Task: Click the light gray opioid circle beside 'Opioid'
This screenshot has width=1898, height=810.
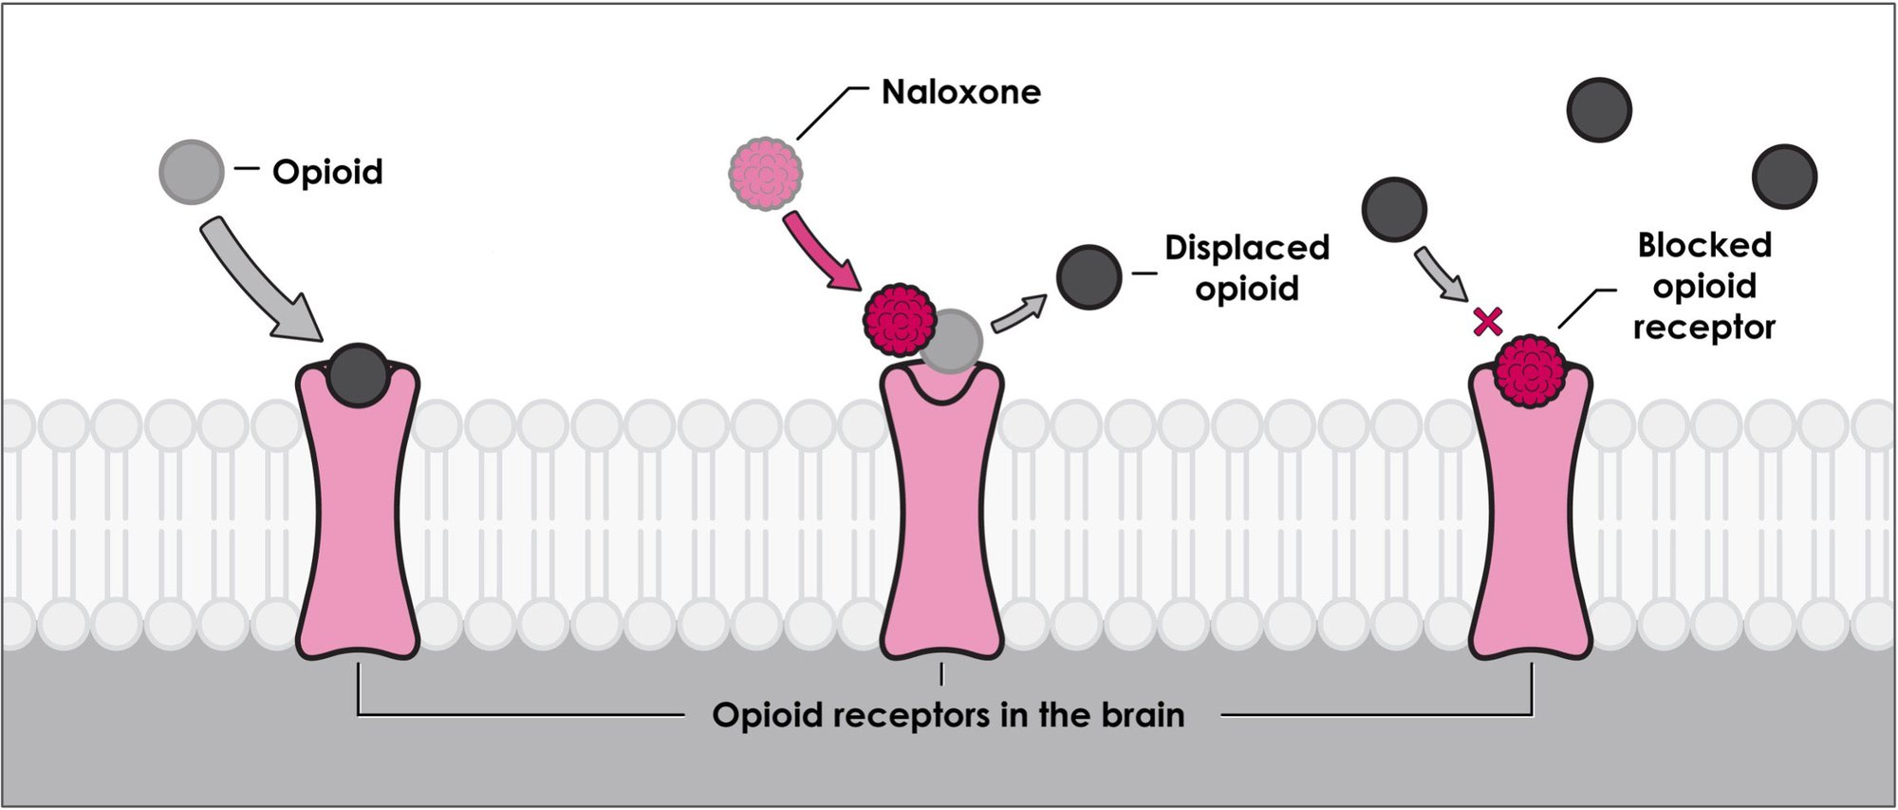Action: pyautogui.click(x=192, y=172)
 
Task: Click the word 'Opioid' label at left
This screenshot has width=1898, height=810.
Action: pyautogui.click(x=327, y=172)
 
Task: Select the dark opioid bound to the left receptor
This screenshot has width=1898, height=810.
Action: pyautogui.click(x=358, y=374)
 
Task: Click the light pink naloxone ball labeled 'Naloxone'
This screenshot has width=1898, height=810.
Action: pyautogui.click(x=765, y=173)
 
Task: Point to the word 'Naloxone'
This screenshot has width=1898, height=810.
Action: pyautogui.click(x=960, y=92)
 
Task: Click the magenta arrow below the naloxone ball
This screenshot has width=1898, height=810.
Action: pyautogui.click(x=821, y=250)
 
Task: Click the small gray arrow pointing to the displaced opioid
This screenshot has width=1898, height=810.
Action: pyautogui.click(x=1018, y=312)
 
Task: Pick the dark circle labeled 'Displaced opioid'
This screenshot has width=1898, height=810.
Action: pyautogui.click(x=1089, y=276)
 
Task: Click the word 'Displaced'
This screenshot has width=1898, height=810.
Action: pyautogui.click(x=1246, y=248)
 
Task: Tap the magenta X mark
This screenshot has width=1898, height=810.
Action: pyautogui.click(x=1487, y=322)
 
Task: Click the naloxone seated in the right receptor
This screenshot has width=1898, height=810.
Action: pyautogui.click(x=1530, y=370)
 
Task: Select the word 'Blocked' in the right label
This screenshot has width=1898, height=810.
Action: pyautogui.click(x=1704, y=245)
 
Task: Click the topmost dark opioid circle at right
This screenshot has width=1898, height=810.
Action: pyautogui.click(x=1599, y=110)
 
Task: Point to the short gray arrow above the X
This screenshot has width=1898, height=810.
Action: pyautogui.click(x=1441, y=273)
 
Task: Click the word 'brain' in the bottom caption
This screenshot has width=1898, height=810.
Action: pyautogui.click(x=1143, y=715)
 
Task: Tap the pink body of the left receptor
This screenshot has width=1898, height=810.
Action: pyautogui.click(x=358, y=532)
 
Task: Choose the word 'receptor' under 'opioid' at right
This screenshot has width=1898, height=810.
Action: pyautogui.click(x=1703, y=328)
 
